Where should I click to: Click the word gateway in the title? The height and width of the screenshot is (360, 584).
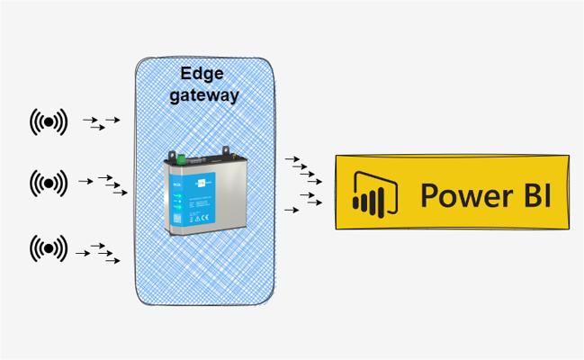pos(205,94)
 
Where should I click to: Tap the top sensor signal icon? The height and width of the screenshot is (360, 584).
pos(49,121)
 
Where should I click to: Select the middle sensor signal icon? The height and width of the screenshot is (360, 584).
pos(49,183)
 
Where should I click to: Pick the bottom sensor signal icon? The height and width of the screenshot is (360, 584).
pos(49,247)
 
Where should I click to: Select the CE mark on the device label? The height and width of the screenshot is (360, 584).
pos(205,216)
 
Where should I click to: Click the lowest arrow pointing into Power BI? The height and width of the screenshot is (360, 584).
pos(291,210)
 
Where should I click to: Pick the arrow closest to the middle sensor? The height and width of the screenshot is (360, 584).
pos(85,182)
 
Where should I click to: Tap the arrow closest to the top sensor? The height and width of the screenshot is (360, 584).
pos(88,119)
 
